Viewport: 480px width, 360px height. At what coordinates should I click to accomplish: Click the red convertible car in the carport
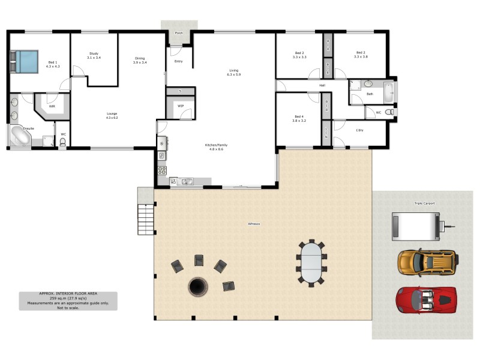tap(426, 299)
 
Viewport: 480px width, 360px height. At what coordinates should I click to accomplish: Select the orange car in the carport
tap(427, 262)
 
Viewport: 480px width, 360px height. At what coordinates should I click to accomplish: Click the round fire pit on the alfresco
tap(197, 287)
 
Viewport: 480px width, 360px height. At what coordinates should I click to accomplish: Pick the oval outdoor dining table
tap(310, 262)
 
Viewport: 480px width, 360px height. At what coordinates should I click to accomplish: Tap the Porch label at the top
tap(178, 33)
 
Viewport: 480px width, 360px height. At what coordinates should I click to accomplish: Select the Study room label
tap(94, 53)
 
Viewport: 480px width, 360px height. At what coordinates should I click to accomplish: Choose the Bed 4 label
tap(299, 116)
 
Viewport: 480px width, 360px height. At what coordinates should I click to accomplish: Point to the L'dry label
tap(360, 130)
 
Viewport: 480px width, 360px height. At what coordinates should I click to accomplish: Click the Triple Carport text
tap(424, 203)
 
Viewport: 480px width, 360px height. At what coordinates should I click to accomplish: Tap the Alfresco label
tap(254, 224)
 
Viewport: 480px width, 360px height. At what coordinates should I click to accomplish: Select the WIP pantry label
tap(180, 106)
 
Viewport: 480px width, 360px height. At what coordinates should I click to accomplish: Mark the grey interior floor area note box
tap(68, 301)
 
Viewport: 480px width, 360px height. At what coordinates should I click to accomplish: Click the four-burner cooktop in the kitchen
tap(161, 170)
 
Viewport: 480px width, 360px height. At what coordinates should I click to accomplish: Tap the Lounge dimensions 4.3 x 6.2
tap(112, 118)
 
